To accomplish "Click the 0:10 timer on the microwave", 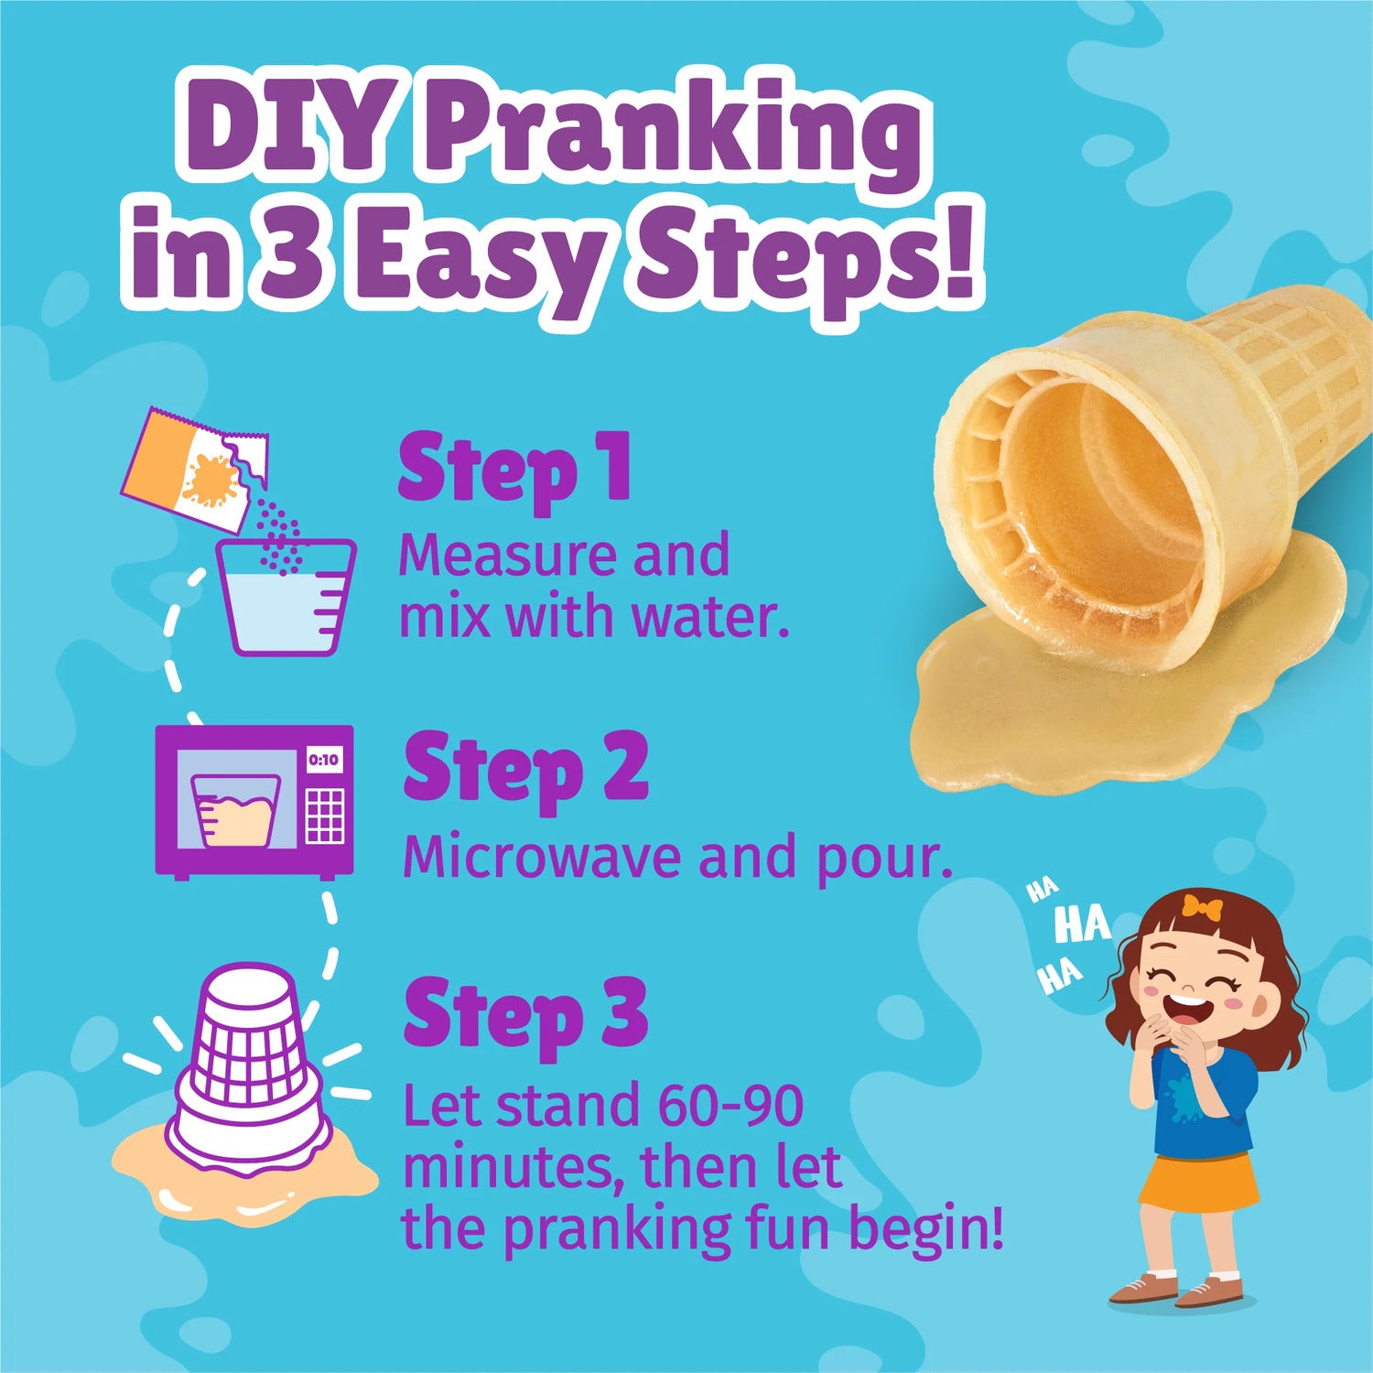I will [323, 759].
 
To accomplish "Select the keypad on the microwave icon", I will [324, 815].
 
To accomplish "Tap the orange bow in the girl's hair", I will [1201, 908].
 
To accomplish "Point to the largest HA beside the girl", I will [1082, 924].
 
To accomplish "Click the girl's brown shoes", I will [1181, 1290].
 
